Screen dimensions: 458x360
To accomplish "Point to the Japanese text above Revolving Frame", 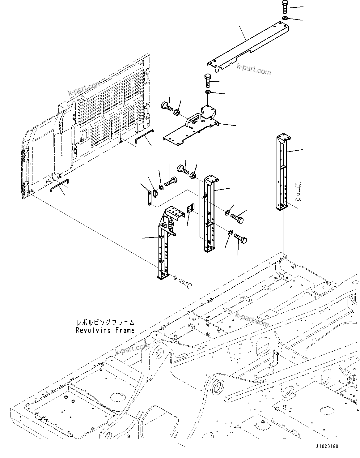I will [105, 323].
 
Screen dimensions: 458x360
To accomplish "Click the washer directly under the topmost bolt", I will [285, 18].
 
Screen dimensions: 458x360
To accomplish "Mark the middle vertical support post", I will [209, 213].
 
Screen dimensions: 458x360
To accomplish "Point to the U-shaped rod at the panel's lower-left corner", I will [60, 186].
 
